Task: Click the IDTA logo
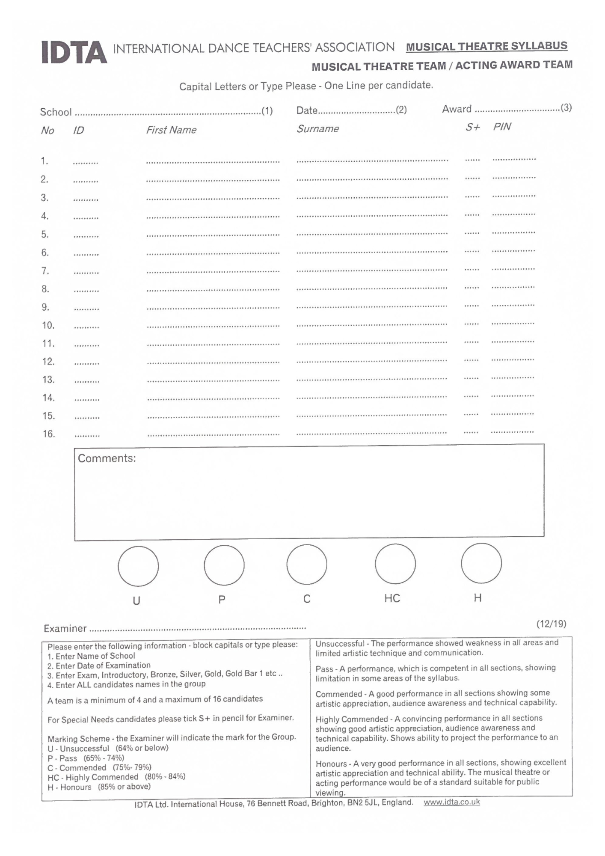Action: point(74,52)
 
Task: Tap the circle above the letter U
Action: point(138,566)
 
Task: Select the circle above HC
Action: point(395,564)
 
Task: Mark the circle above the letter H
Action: point(481,563)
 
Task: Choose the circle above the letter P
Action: point(224,565)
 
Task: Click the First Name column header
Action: point(171,130)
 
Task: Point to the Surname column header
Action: point(317,128)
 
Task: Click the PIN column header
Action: point(502,127)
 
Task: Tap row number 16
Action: point(49,434)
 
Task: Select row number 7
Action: point(45,271)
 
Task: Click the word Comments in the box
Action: point(107,458)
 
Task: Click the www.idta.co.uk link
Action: point(451,802)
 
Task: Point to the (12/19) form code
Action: point(551,624)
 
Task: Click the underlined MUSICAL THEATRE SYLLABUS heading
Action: point(486,46)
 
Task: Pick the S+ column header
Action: point(473,127)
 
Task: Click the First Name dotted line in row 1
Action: point(213,162)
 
